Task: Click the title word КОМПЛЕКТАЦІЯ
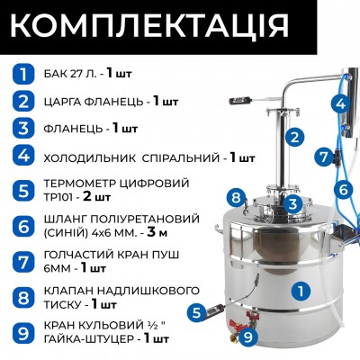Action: click(x=180, y=25)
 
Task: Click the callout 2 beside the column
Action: click(x=292, y=138)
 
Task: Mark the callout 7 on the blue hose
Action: click(x=322, y=156)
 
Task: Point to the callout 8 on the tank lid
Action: click(x=234, y=196)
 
